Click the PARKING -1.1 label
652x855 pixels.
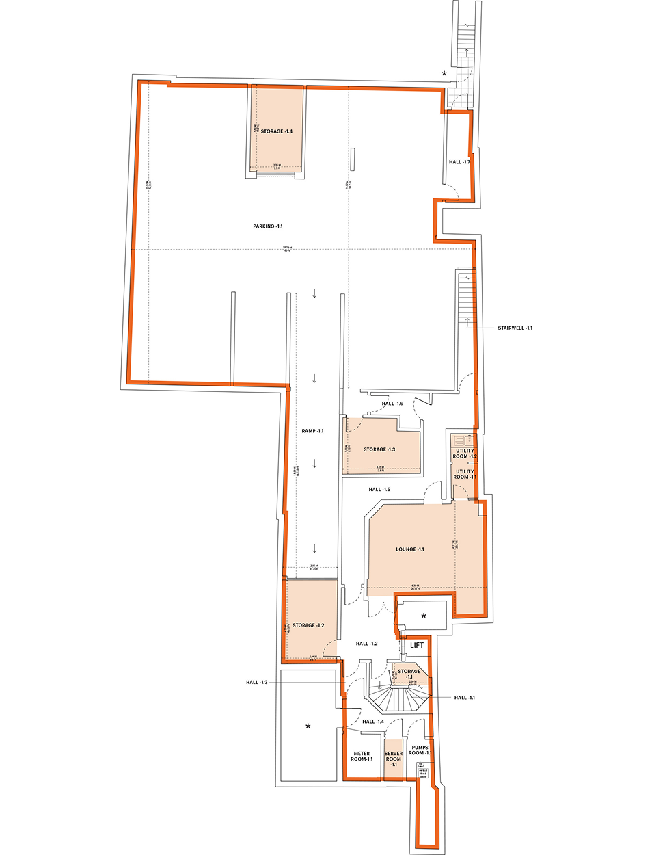[x=267, y=226]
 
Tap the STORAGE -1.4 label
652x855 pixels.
[x=276, y=131]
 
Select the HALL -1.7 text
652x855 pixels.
[x=459, y=162]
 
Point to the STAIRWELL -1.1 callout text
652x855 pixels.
[x=514, y=328]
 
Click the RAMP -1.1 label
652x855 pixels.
[x=312, y=431]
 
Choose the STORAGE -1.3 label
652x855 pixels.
[x=379, y=449]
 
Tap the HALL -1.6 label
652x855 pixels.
[x=392, y=404]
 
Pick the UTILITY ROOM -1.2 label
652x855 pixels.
[x=465, y=453]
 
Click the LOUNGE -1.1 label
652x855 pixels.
[x=409, y=549]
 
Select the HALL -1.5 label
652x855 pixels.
[x=379, y=490]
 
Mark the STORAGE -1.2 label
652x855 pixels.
[x=308, y=625]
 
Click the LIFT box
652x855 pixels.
[x=417, y=645]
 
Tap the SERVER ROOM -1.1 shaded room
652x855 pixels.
[x=394, y=759]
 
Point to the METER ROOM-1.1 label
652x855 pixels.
[x=362, y=757]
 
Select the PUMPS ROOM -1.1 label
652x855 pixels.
[x=420, y=750]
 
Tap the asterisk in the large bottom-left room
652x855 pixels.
[x=308, y=726]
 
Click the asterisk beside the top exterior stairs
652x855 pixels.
[x=444, y=74]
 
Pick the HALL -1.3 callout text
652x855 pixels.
[x=257, y=683]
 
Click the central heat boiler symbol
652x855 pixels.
[x=422, y=771]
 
